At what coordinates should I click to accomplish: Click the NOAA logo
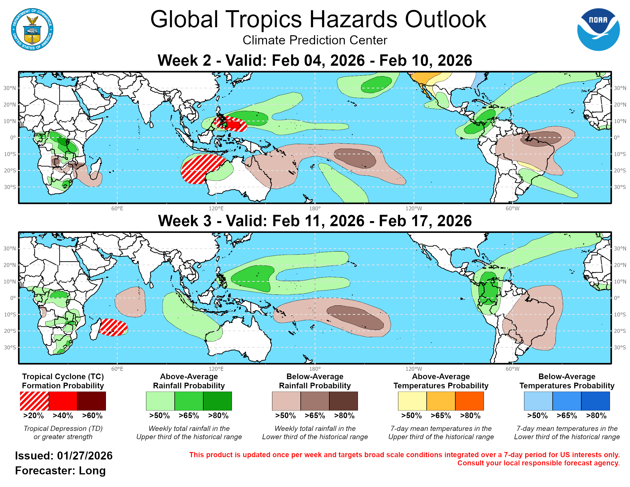click(598, 30)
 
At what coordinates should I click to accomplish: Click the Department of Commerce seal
click(32, 30)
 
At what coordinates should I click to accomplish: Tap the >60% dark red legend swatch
click(91, 401)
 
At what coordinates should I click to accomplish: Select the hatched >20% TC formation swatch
click(34, 401)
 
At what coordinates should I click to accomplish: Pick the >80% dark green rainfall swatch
click(218, 401)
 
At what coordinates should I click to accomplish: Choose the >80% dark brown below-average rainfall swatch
click(343, 401)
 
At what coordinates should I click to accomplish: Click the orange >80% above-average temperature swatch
click(469, 401)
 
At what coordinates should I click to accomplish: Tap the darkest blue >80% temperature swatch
click(595, 401)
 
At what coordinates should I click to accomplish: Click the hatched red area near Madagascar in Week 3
click(113, 327)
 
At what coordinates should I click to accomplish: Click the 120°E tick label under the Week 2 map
click(216, 209)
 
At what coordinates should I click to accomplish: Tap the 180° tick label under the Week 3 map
click(315, 369)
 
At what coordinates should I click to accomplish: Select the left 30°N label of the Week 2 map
click(9, 88)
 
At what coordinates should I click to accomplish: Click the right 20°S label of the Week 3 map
click(620, 331)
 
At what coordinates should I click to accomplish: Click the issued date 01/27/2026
click(84, 455)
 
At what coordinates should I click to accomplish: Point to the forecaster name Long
click(92, 471)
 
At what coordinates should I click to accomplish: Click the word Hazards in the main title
click(353, 19)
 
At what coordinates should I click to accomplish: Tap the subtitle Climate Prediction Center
click(315, 40)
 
